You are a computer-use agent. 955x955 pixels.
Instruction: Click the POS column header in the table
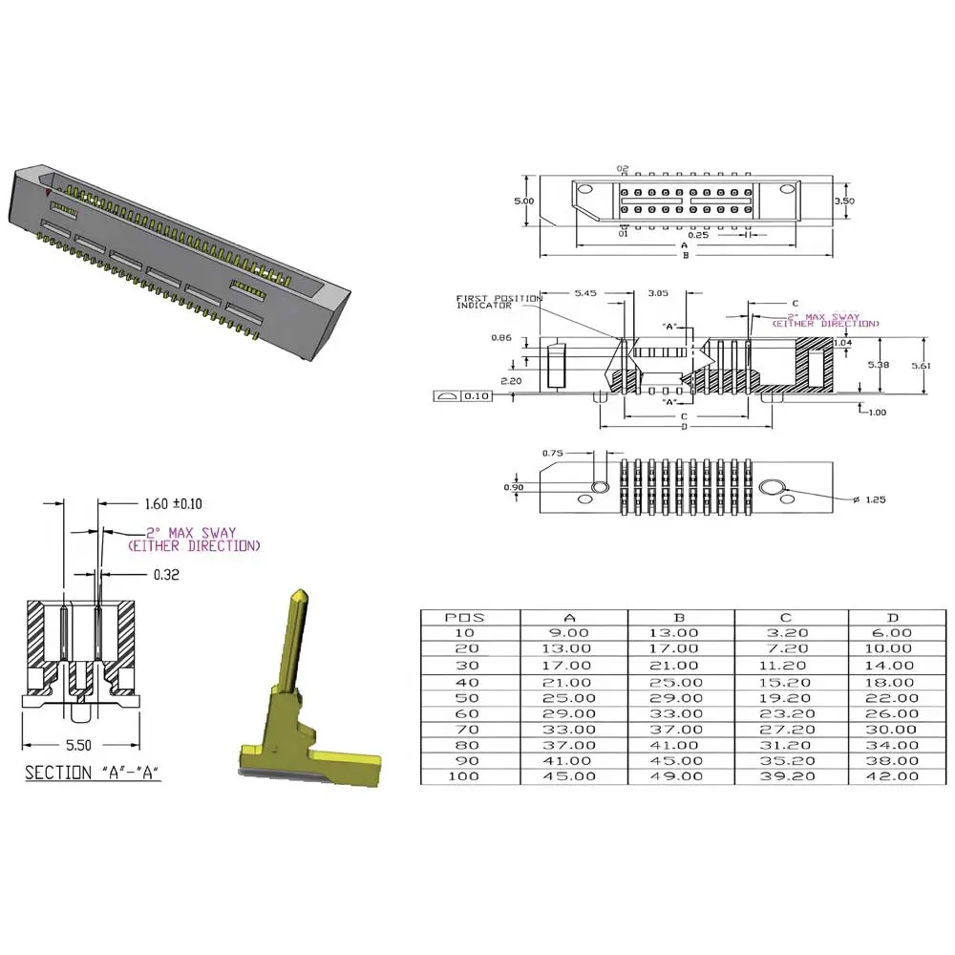click(465, 618)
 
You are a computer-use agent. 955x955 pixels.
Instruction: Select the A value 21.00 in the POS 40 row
click(567, 683)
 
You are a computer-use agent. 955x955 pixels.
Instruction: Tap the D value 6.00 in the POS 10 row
click(892, 633)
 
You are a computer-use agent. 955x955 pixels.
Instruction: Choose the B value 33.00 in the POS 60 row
click(674, 713)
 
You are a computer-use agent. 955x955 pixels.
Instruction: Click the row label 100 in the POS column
click(464, 776)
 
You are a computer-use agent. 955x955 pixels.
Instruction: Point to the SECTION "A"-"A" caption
click(93, 773)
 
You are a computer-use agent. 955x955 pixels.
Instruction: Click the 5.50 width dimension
click(78, 745)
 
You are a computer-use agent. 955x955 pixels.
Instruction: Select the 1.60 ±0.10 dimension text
click(174, 503)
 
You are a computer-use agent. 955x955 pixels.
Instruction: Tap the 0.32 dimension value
click(166, 574)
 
